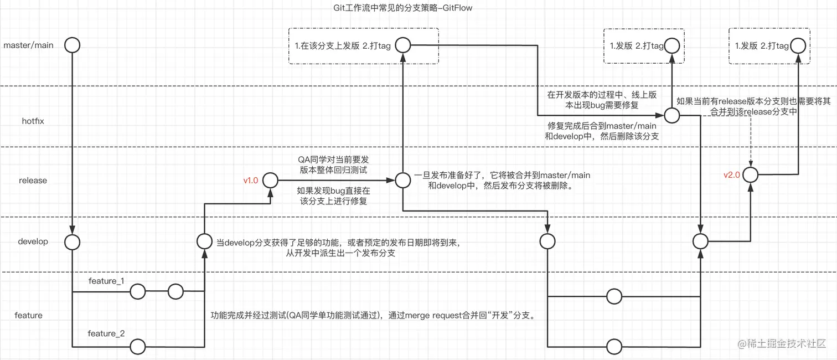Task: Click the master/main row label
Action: (28, 45)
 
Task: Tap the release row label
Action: (33, 181)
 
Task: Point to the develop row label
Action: (33, 241)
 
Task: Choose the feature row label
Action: (28, 315)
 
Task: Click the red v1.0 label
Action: (251, 181)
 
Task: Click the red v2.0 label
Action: (732, 175)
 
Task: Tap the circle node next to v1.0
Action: (270, 180)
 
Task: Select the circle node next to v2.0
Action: (750, 175)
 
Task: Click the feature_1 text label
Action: (106, 281)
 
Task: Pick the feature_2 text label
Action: (106, 333)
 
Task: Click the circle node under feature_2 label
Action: (137, 347)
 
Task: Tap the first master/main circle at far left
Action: (72, 45)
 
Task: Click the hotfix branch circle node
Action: (671, 115)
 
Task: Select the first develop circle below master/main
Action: (72, 241)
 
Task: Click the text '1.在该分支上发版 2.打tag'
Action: (343, 46)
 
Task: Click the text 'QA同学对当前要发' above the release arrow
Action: (332, 160)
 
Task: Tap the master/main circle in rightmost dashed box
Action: (797, 45)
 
